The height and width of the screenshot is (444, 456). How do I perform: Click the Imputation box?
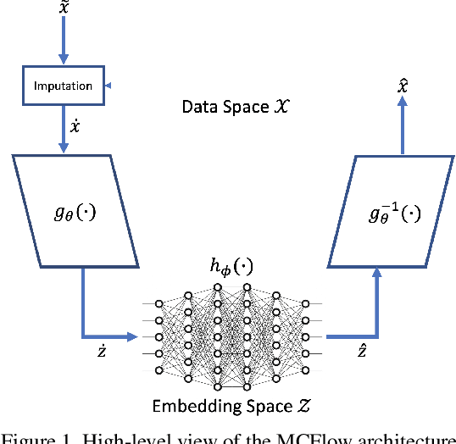[x=64, y=86]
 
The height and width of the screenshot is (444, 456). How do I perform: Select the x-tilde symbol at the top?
[x=64, y=8]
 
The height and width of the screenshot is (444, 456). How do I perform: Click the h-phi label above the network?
[x=231, y=269]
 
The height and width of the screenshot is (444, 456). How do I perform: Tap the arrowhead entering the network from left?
[x=131, y=337]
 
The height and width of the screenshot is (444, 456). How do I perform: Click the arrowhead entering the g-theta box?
[x=64, y=148]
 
